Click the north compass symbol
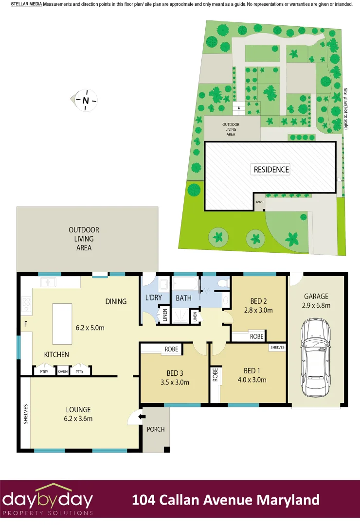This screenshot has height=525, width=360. (86, 100)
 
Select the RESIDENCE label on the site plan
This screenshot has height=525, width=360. (271, 170)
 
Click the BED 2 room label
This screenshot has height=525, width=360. (258, 301)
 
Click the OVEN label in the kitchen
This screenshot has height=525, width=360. (62, 372)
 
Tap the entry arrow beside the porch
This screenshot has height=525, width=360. (141, 416)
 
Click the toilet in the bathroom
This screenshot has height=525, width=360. (223, 283)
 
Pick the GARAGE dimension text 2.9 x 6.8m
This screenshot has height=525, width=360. (316, 305)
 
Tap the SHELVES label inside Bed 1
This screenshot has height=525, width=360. (277, 348)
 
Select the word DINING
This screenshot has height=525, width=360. (116, 301)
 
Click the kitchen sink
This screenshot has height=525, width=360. (48, 282)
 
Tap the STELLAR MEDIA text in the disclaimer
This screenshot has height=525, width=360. (26, 4)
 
